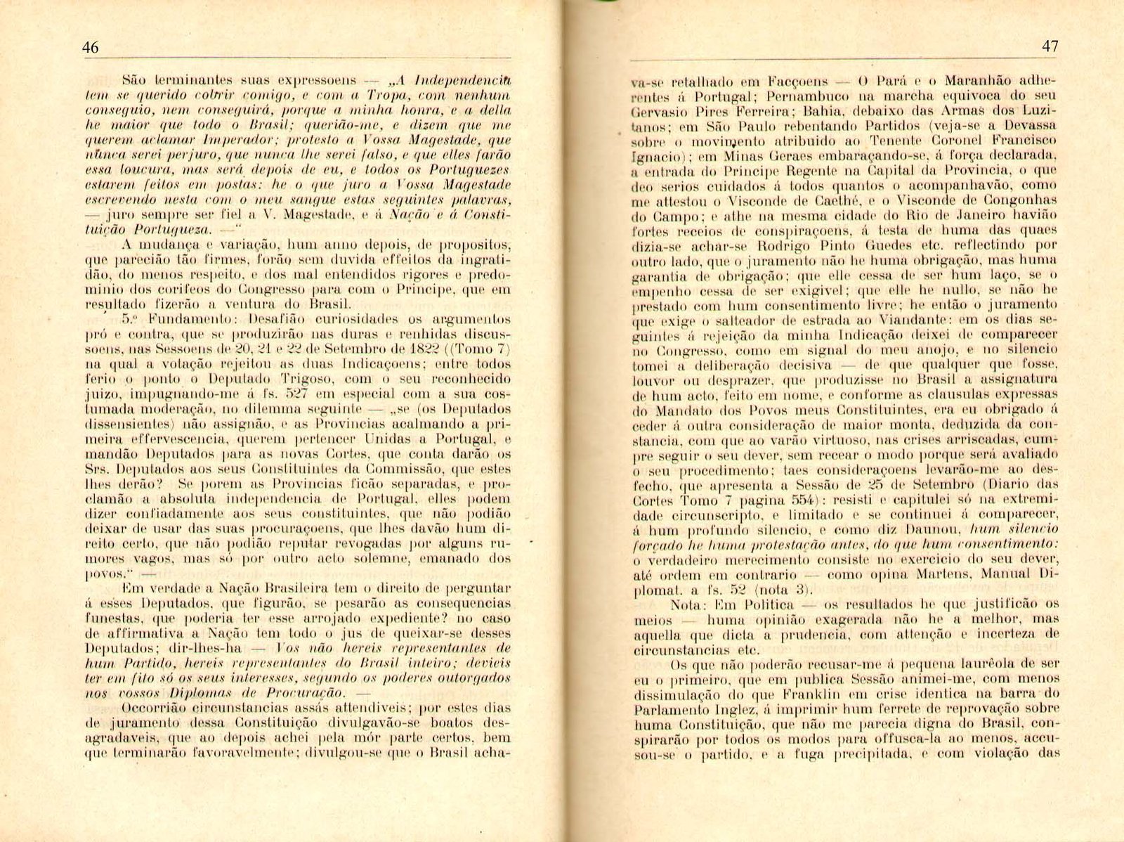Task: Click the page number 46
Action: coord(90,48)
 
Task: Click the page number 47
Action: coord(1050,46)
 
